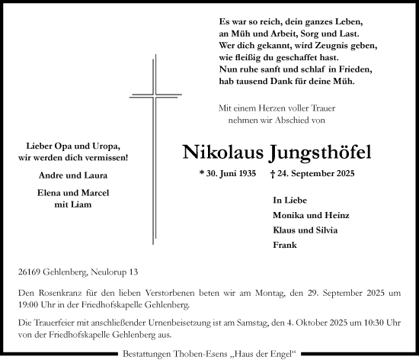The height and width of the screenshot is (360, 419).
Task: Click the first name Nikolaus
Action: tap(222, 153)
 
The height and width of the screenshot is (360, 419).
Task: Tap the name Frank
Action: tap(283, 245)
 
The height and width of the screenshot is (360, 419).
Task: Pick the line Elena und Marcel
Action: tap(74, 194)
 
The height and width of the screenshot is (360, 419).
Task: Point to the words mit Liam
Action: tap(74, 204)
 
